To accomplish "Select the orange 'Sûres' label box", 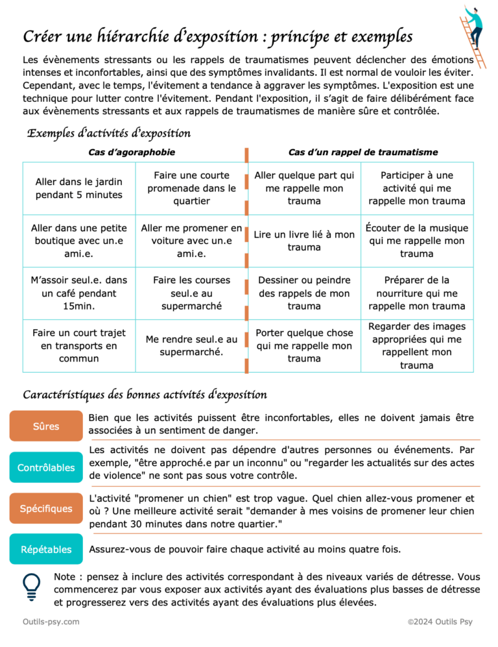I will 46,426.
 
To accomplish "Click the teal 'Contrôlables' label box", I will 46,467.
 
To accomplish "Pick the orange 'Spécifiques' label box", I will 46,509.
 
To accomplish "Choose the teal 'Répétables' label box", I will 46,550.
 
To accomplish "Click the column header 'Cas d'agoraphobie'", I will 132,152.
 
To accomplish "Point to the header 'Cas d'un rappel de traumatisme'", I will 362,152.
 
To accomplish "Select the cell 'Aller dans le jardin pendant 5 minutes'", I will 78,188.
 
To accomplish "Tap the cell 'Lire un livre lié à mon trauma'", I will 304,241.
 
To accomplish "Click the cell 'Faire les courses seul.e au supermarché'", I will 191,293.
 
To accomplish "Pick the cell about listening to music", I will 417,241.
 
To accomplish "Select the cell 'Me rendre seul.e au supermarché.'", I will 191,345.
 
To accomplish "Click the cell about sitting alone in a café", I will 78,293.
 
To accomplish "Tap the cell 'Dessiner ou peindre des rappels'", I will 304,293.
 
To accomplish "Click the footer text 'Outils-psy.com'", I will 51,622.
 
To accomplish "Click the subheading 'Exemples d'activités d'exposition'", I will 108,134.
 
